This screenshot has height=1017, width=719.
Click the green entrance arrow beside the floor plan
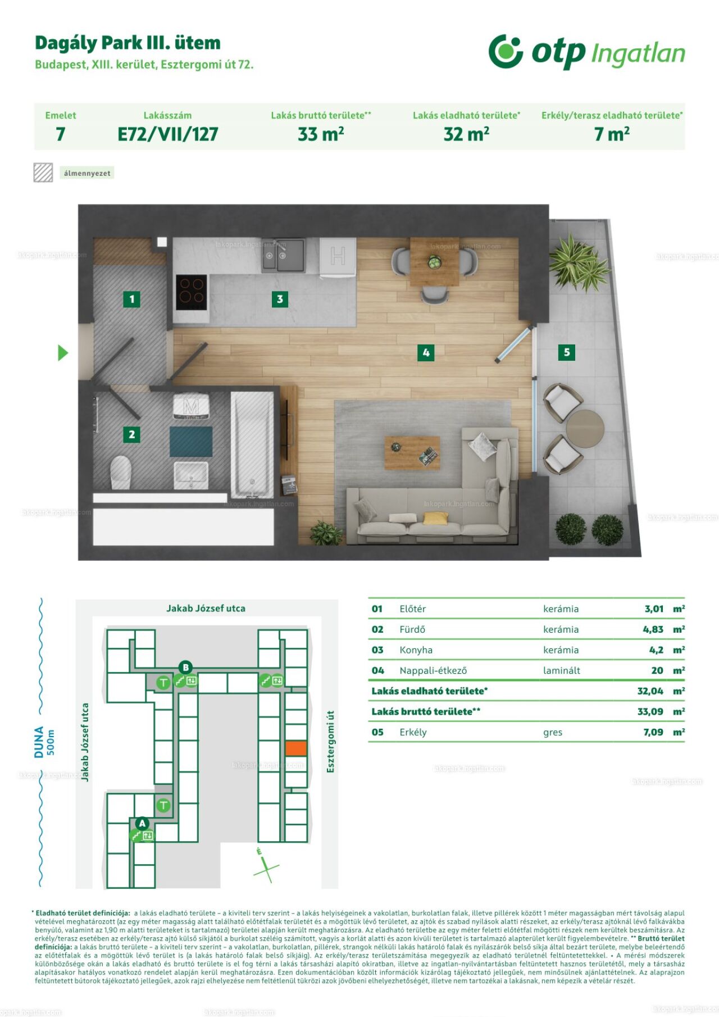63,353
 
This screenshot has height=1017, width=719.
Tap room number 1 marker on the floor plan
131,299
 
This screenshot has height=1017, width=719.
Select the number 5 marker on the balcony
566,352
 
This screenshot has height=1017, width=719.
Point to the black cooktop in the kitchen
191,292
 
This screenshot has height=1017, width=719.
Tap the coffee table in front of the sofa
412,453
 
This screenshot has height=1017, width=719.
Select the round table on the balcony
585,429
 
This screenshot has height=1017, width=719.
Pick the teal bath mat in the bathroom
191,442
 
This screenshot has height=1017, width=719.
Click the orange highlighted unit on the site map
296,748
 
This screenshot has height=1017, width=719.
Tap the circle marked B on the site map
185,668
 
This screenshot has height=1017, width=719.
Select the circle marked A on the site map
142,823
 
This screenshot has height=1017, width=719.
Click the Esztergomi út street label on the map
330,742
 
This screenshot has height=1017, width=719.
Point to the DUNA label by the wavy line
38,742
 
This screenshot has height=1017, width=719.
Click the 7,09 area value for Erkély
653,732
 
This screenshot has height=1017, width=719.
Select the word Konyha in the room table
416,650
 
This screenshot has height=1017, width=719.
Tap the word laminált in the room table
561,670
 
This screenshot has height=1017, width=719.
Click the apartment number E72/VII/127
167,134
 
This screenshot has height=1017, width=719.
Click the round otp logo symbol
506,51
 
